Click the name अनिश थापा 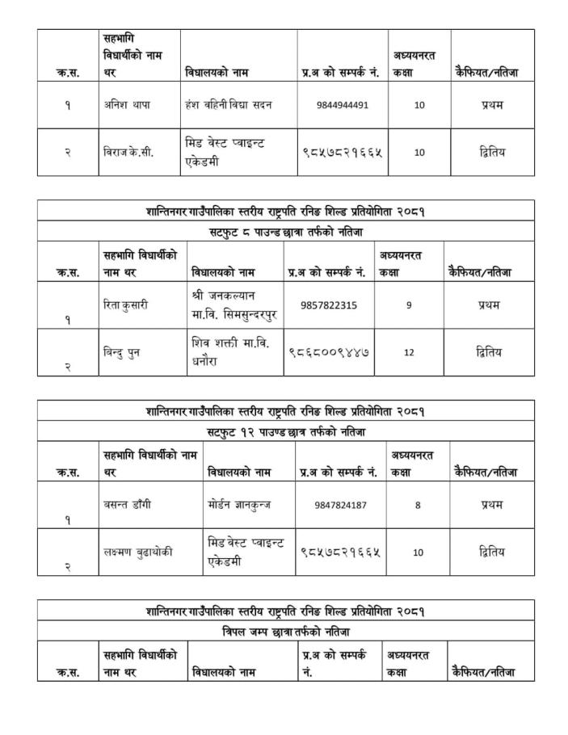point(128,105)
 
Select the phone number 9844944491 point(343,105)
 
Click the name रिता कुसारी point(126,305)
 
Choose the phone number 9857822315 point(328,305)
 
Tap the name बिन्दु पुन point(122,352)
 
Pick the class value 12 point(410,352)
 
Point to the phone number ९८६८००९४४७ point(330,352)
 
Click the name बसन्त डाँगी point(128,505)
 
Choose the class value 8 point(418,505)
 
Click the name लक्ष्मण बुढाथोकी point(138,552)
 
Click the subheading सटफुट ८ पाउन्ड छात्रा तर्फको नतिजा point(285,232)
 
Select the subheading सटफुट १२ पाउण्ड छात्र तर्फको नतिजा point(285,432)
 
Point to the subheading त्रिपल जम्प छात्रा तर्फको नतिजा point(285,631)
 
